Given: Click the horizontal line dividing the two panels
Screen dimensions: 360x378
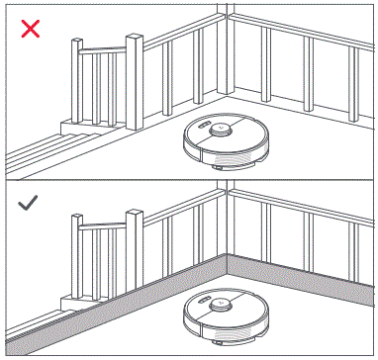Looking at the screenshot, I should pyautogui.click(x=188, y=180).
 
